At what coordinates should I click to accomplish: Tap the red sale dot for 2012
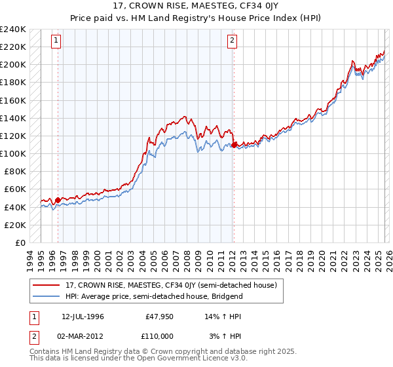[x=234, y=145]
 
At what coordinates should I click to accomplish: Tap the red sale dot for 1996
[x=58, y=200]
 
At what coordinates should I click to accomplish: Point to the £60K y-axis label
[x=16, y=189]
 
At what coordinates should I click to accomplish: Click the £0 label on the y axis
[x=20, y=242]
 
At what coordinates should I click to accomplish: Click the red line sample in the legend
[x=47, y=286]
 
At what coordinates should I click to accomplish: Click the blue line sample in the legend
[x=47, y=296]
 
